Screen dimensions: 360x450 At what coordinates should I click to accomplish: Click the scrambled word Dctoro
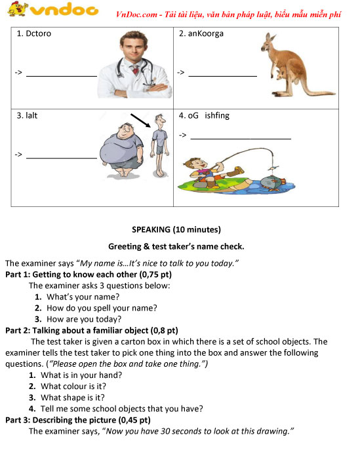[39, 33]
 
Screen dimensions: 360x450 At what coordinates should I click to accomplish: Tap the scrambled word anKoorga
[206, 34]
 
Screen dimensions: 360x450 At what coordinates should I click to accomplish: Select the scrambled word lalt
[31, 115]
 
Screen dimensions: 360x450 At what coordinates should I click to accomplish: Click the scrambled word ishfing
[217, 116]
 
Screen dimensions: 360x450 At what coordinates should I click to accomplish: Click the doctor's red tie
[134, 69]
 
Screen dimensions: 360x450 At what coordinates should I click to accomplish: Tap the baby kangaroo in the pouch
[281, 73]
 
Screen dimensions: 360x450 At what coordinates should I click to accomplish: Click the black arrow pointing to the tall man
[140, 121]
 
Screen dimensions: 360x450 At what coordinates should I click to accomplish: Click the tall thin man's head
[159, 121]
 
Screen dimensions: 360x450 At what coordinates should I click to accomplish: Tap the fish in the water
[272, 183]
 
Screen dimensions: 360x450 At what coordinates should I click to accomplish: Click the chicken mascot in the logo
[18, 9]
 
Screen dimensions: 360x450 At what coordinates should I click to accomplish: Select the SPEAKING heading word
[151, 230]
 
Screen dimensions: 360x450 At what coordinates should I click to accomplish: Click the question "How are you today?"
[84, 319]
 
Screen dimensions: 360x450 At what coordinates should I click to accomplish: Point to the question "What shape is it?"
[73, 398]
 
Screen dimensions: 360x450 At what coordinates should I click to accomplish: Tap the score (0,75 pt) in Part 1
[155, 274]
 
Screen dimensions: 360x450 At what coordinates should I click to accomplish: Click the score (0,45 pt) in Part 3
[134, 420]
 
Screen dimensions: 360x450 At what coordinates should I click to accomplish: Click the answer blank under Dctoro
[62, 76]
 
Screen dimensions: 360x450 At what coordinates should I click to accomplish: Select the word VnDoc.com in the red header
[137, 14]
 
